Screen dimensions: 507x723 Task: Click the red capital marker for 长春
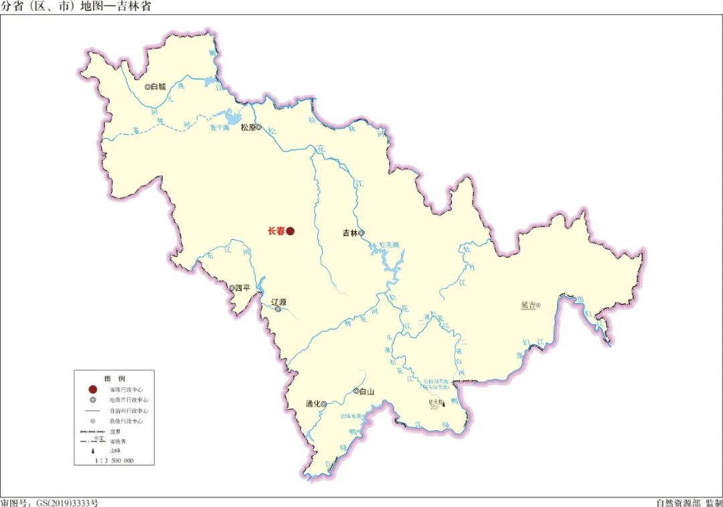coord(291,232)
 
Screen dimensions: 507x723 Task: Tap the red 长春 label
coord(276,232)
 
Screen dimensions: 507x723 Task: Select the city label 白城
coord(158,86)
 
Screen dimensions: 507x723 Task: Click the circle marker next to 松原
coord(258,127)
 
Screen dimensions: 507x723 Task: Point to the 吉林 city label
coord(350,233)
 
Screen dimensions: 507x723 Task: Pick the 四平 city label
coord(242,289)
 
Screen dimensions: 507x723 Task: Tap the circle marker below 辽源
coord(278,309)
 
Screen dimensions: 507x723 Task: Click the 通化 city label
coord(313,404)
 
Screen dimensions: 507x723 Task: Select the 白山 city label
coord(366,392)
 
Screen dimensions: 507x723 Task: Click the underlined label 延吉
coord(528,305)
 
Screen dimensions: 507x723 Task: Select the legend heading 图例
coord(114,378)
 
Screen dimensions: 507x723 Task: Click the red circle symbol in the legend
coord(93,389)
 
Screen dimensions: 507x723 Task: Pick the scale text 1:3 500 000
coord(114,461)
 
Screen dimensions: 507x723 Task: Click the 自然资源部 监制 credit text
coord(688,502)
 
